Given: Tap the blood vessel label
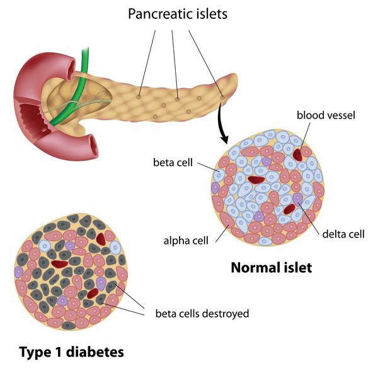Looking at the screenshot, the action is coord(326,115).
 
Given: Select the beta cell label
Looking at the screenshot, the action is coord(172,162).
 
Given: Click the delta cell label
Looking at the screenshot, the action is coord(343,234).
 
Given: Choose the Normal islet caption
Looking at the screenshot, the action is coord(271,268).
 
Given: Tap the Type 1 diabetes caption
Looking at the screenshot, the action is coord(71,351).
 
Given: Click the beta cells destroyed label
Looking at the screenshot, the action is coord(202,313).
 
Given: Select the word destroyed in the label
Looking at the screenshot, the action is coord(226,313).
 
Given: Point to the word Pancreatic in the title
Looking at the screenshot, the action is coord(158,13).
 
